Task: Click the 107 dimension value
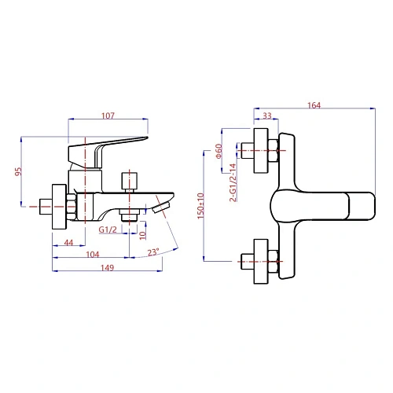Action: point(108,116)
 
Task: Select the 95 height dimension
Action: point(18,171)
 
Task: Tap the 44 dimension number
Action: point(68,243)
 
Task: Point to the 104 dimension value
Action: point(93,255)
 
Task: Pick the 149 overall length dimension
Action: point(108,268)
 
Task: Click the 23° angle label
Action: point(153,252)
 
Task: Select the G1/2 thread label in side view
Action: point(108,230)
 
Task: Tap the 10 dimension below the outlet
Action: point(142,235)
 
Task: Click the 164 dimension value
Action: point(314,105)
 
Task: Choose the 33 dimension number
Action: point(267,116)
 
